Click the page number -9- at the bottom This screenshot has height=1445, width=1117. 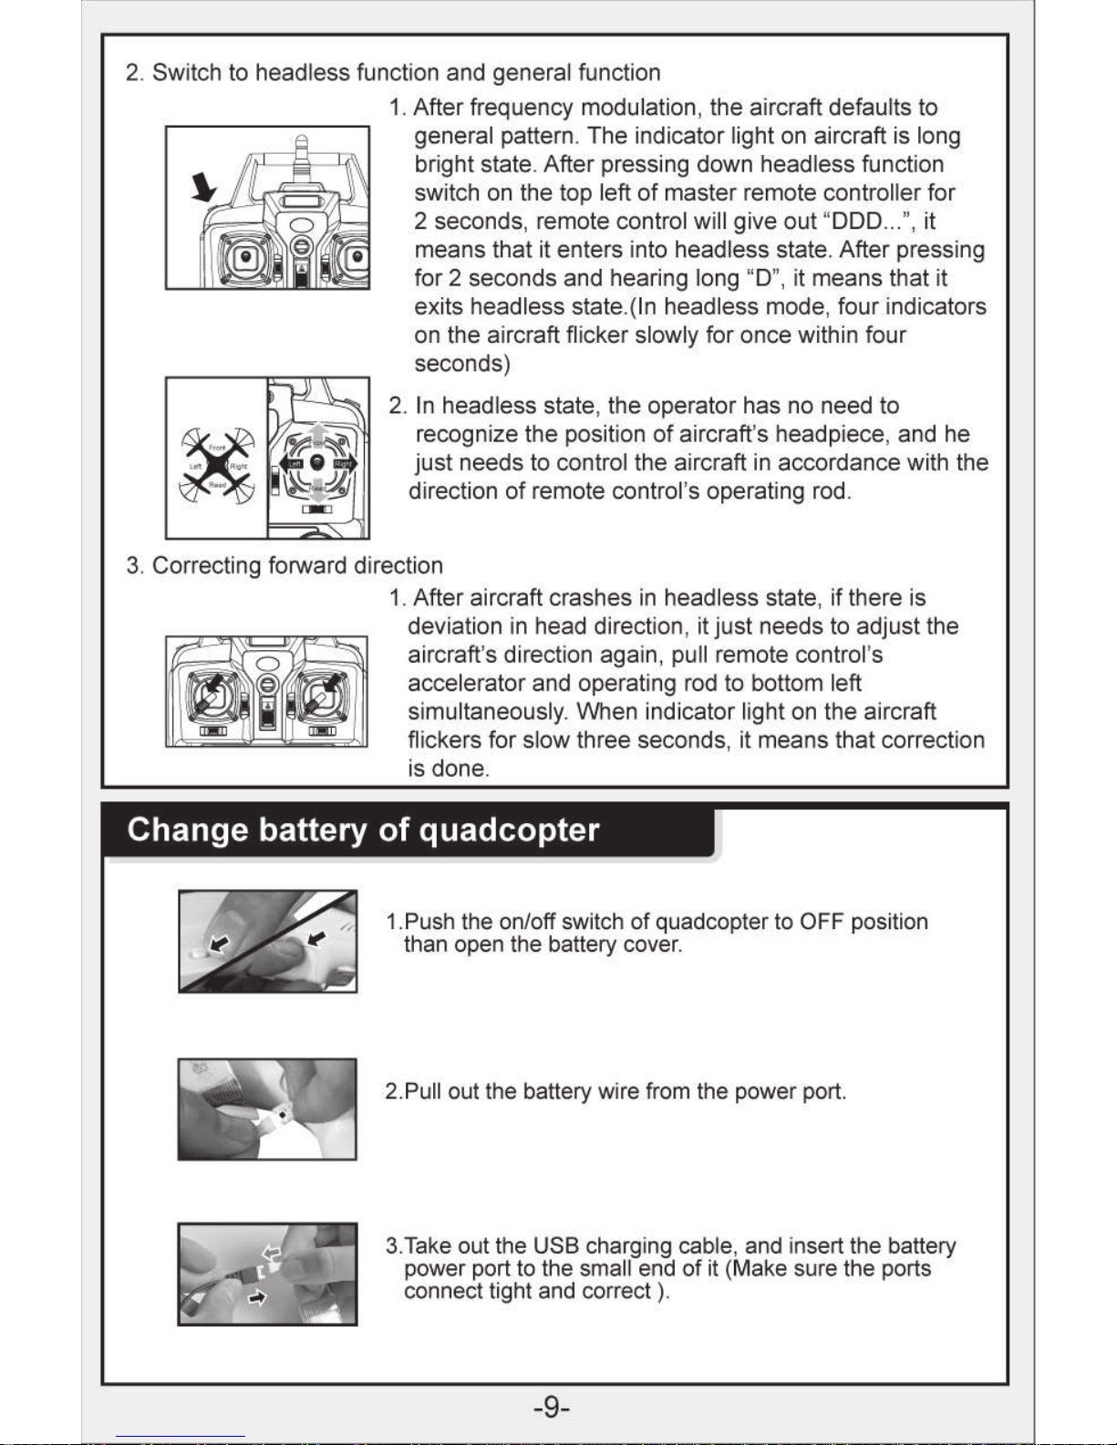[551, 1407]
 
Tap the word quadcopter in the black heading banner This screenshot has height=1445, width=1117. [509, 831]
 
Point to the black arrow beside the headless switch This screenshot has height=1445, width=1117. [203, 187]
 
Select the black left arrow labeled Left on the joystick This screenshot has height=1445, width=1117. [291, 463]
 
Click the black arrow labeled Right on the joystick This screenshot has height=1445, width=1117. [345, 463]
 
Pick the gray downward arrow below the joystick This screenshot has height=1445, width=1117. [318, 491]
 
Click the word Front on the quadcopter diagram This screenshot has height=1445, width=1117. [217, 449]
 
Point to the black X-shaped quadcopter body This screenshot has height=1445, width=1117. [217, 466]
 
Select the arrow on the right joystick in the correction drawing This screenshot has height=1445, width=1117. [332, 682]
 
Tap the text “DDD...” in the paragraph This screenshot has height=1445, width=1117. [867, 221]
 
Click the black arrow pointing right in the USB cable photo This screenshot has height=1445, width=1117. [257, 1297]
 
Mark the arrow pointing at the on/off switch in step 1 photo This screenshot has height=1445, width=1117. [219, 943]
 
